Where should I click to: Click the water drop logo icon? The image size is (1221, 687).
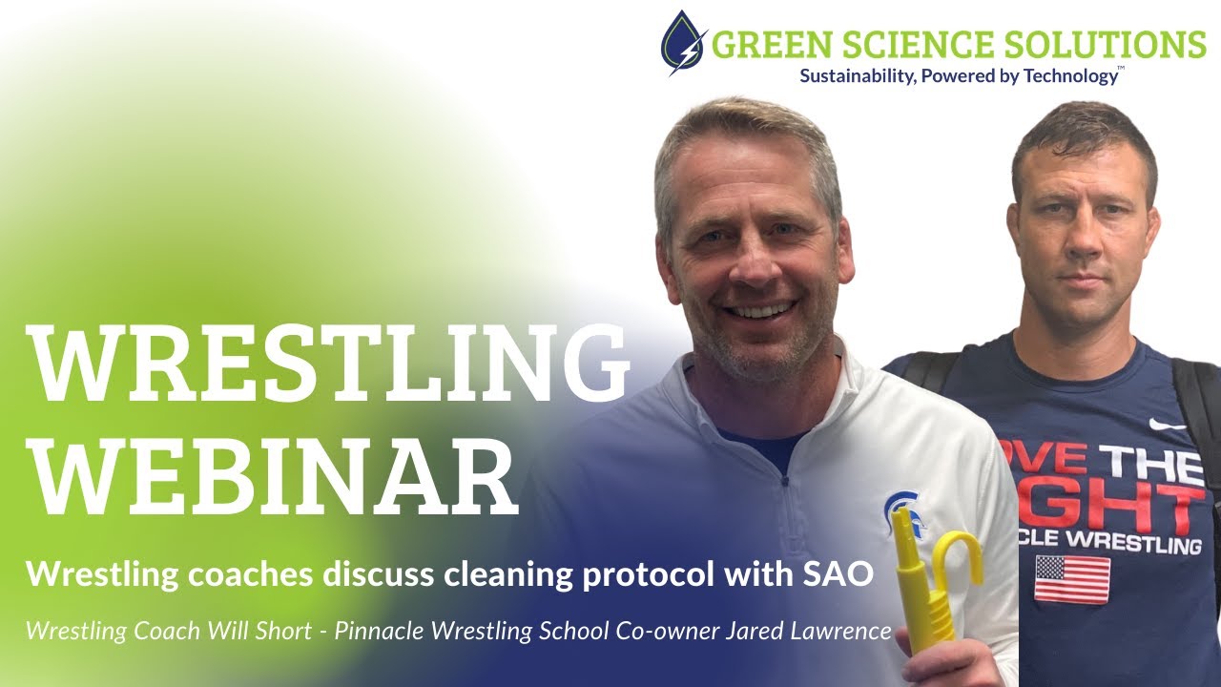684,43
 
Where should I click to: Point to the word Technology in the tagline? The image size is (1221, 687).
1069,76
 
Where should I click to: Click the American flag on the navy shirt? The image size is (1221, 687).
1072,578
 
